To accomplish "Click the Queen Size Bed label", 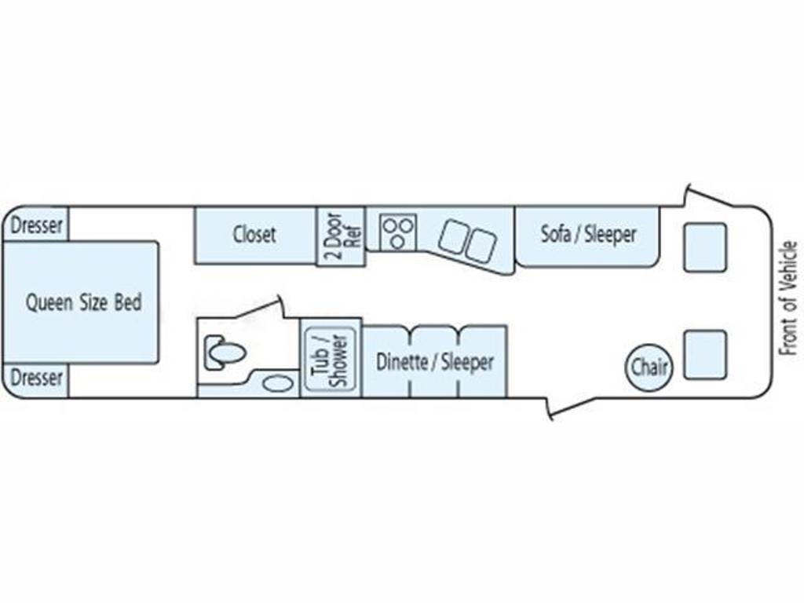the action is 83,302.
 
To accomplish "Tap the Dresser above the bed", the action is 36,224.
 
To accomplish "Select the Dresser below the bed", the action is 36,380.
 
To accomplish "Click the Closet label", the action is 254,234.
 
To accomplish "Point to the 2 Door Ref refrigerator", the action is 341,236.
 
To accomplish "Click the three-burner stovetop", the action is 398,232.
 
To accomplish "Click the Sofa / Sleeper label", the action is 589,234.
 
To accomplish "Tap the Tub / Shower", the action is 331,360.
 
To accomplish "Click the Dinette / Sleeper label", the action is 435,362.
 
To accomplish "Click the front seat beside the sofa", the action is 705,247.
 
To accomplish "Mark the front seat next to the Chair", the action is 705,355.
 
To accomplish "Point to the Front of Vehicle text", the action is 789,299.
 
